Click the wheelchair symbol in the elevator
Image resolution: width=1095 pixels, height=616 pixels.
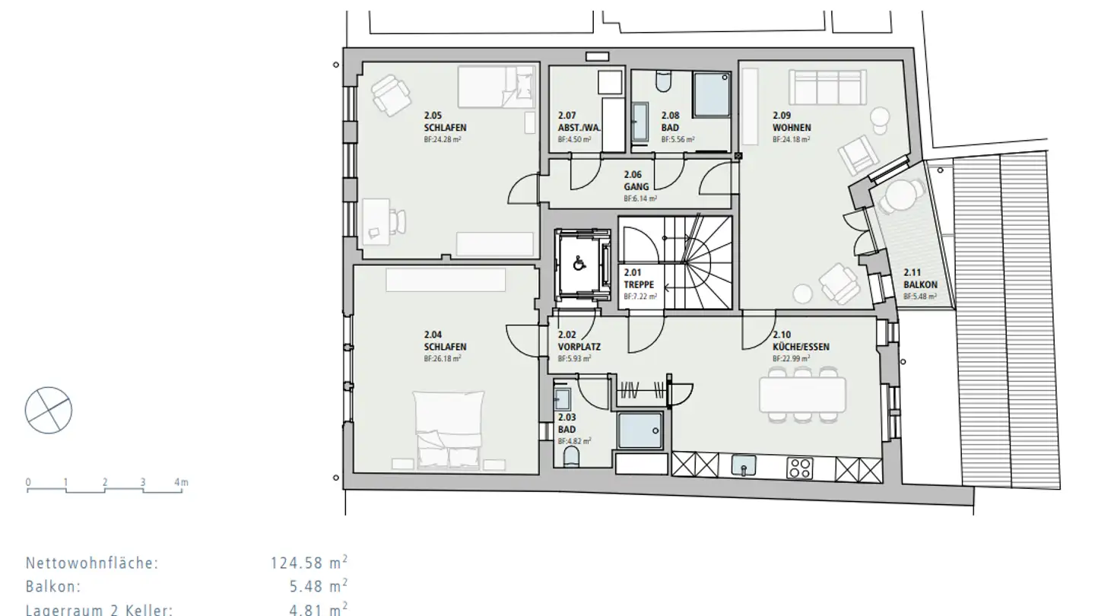tap(578, 264)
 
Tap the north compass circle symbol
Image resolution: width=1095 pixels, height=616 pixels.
tap(49, 410)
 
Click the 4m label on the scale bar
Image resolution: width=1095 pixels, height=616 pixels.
tap(181, 482)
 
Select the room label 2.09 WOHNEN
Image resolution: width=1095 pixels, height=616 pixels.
tap(792, 122)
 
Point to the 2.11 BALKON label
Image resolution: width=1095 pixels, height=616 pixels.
tap(919, 279)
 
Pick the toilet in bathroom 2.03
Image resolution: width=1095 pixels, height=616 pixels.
tap(570, 457)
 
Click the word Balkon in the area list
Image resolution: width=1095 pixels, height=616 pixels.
tap(53, 587)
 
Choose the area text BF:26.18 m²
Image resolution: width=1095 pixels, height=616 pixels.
tap(443, 357)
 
